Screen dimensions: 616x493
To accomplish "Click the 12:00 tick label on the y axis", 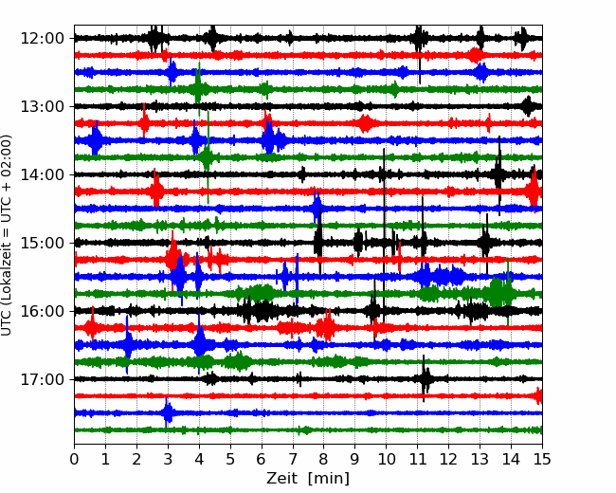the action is coord(42,39).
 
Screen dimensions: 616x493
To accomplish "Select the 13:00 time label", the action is coord(42,106).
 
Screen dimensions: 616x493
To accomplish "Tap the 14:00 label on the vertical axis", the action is coord(42,175).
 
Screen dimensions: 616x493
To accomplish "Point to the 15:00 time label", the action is coord(42,244).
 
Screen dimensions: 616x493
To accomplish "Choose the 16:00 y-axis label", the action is coord(42,311).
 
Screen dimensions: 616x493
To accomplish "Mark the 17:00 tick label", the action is coord(42,380).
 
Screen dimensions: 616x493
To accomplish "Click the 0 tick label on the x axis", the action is coord(74,459).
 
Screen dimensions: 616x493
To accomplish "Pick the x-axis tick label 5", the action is coord(230,459).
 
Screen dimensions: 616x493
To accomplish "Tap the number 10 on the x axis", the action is coord(386,459).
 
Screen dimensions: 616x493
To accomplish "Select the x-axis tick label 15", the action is coord(542,459).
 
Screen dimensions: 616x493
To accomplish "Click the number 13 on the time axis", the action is coord(480,459).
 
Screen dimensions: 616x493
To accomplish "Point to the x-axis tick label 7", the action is coord(293,459).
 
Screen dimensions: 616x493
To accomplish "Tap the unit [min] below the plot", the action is coord(329,479).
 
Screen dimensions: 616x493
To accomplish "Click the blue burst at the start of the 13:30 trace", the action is coord(95,140).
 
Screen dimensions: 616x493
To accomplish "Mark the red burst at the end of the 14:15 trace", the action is coord(534,192).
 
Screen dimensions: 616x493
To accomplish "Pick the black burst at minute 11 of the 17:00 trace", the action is coord(425,378).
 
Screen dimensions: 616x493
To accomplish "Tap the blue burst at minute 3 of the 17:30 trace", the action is coord(168,412).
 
